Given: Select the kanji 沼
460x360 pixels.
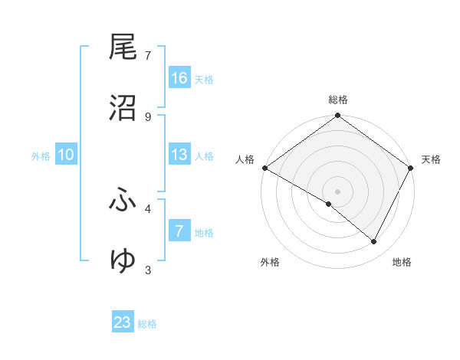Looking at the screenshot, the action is (123, 108).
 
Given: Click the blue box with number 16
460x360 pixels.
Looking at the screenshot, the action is (179, 78).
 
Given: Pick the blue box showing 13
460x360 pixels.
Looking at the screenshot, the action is (179, 155).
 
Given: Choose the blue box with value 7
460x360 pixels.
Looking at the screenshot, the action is (179, 231).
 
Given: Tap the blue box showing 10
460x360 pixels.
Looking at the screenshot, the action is (66, 155).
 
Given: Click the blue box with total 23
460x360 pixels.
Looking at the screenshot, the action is (123, 322).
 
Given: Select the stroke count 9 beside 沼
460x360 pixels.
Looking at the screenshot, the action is (148, 117).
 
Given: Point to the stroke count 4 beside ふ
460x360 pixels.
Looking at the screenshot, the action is (148, 208).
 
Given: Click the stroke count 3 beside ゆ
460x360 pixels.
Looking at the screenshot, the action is (148, 270).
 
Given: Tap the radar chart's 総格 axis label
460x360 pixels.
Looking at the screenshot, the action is (338, 100).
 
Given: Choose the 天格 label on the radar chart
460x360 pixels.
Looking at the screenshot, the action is (431, 159).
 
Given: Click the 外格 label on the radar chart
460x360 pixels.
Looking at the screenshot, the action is (270, 262).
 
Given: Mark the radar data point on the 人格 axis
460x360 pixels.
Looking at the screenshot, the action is (264, 168).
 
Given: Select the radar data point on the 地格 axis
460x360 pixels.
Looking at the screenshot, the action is (374, 242).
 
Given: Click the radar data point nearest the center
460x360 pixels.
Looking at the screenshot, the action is (329, 204).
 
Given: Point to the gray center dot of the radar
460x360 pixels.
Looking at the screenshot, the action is (338, 191).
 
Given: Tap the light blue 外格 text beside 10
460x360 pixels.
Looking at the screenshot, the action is (41, 155).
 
